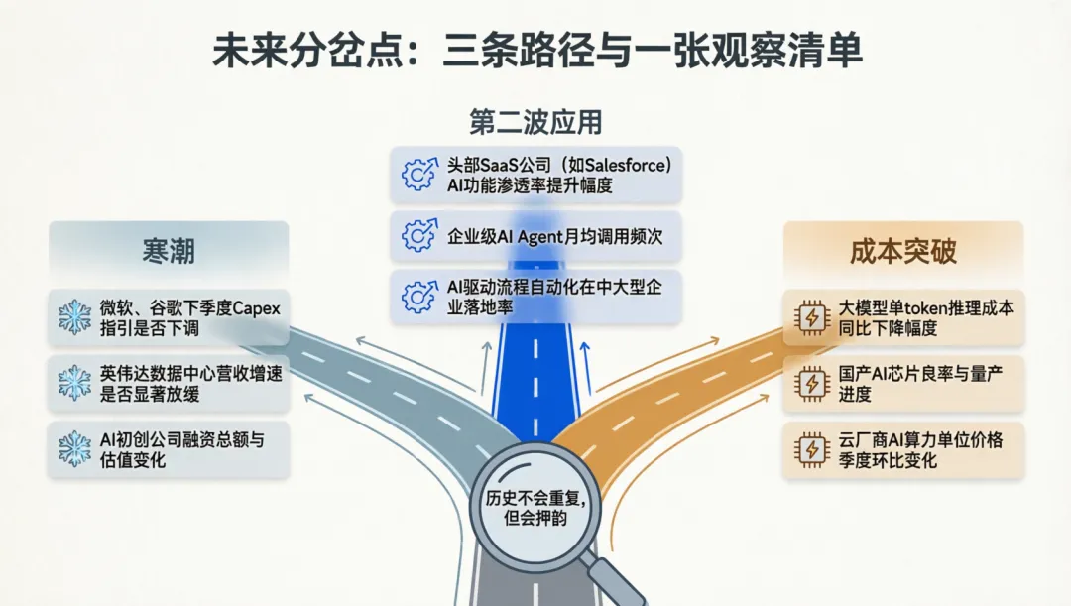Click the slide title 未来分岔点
tap(307, 52)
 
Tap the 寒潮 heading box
tap(169, 250)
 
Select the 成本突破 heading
tap(903, 251)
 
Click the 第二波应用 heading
tap(535, 122)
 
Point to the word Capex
tap(256, 308)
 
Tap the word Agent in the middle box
tap(540, 237)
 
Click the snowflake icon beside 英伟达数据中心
tap(74, 383)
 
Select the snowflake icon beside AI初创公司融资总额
tap(74, 449)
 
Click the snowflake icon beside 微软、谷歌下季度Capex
tap(74, 317)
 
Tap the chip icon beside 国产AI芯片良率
tap(812, 383)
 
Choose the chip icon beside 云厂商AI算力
tap(812, 450)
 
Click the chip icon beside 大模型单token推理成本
tap(812, 317)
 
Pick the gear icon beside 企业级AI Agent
tap(418, 236)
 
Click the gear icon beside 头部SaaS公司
tap(418, 175)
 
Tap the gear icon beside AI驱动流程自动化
tap(418, 297)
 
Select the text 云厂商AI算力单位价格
tap(920, 440)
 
